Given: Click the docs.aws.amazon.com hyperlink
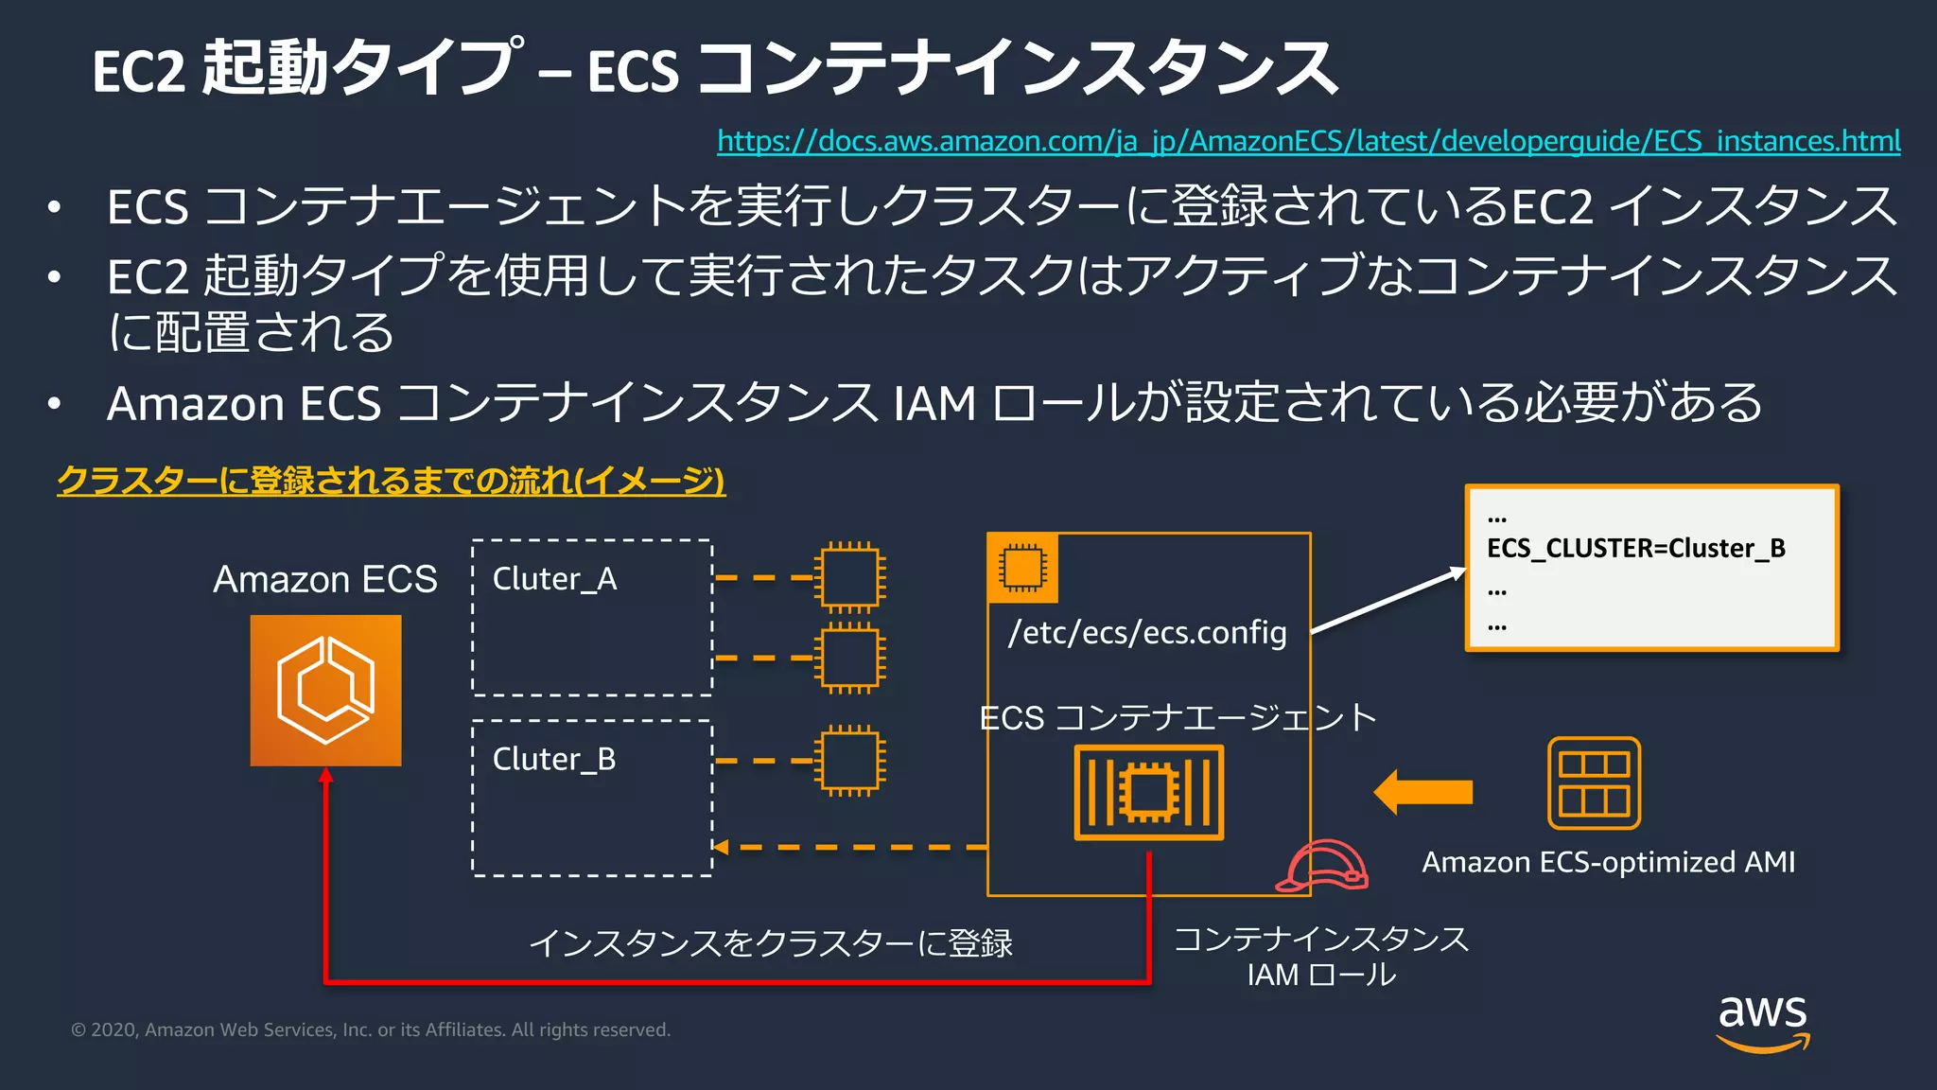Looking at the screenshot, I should click(x=1308, y=141).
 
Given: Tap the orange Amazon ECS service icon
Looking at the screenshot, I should click(x=325, y=691).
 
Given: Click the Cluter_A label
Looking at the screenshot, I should click(x=554, y=578).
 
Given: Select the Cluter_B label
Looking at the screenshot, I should click(x=554, y=759).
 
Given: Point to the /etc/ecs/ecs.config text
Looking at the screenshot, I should click(x=1147, y=632).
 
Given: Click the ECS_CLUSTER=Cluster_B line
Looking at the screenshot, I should click(x=1635, y=548).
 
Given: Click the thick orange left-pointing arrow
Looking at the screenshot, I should click(x=1422, y=792).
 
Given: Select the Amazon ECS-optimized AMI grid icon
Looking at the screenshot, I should click(x=1594, y=783).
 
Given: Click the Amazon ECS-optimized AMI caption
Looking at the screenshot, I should click(x=1608, y=862).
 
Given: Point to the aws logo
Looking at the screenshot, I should click(x=1762, y=1022).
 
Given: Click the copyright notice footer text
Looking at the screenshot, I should click(x=371, y=1029).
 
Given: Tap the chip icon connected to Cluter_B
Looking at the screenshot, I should click(x=849, y=761).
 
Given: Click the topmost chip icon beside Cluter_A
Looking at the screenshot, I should click(x=849, y=576).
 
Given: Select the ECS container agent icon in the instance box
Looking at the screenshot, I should click(x=1148, y=792).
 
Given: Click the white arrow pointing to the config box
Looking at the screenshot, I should click(x=1387, y=601).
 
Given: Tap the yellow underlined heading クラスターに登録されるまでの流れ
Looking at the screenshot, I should click(x=391, y=481).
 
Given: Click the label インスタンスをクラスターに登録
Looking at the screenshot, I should click(x=770, y=943).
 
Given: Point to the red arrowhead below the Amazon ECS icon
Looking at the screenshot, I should click(x=325, y=776).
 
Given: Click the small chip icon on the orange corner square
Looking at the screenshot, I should click(x=1021, y=568).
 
